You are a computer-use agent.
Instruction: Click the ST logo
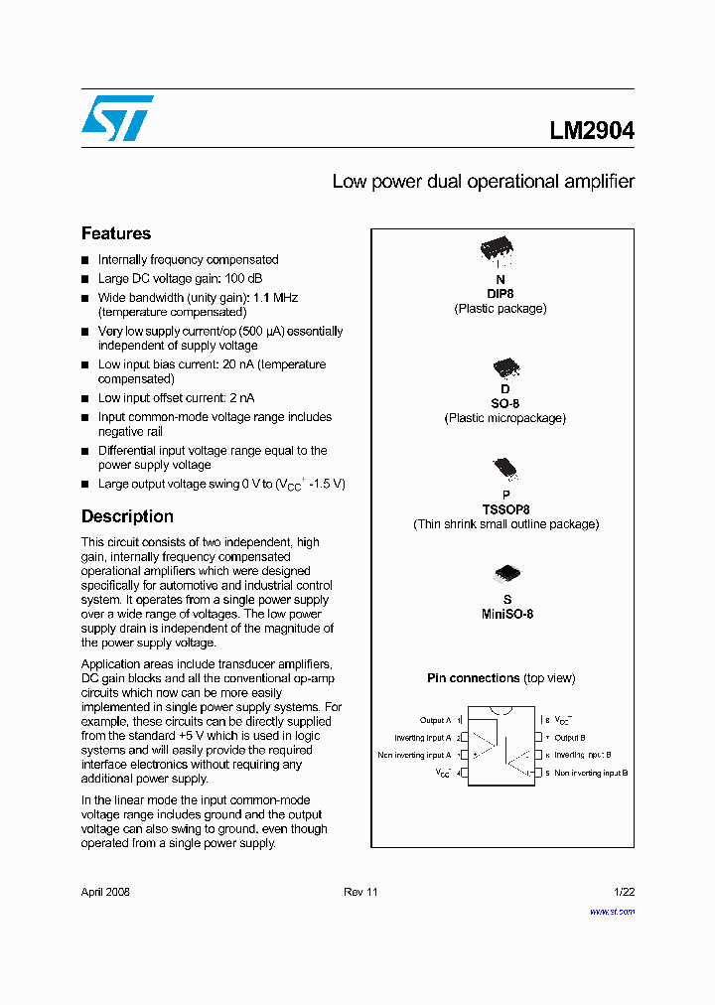[x=117, y=118]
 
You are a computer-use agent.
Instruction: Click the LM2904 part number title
[x=592, y=130]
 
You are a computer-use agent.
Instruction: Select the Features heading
[x=116, y=233]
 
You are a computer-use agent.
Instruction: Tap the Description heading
[x=127, y=516]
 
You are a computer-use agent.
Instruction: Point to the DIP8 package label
[x=500, y=294]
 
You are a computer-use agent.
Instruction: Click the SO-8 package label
[x=504, y=404]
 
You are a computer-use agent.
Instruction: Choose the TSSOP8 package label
[x=505, y=509]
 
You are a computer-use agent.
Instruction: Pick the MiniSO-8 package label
[x=507, y=614]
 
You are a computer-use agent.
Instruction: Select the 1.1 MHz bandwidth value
[x=276, y=298]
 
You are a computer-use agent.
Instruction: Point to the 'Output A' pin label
[x=435, y=720]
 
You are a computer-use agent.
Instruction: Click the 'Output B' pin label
[x=569, y=738]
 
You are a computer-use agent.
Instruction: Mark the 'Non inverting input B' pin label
[x=591, y=773]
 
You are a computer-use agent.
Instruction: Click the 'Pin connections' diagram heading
[x=474, y=678]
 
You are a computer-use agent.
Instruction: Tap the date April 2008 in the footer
[x=105, y=892]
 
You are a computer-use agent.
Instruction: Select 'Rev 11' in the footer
[x=360, y=892]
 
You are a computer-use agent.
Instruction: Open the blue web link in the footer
[x=612, y=911]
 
